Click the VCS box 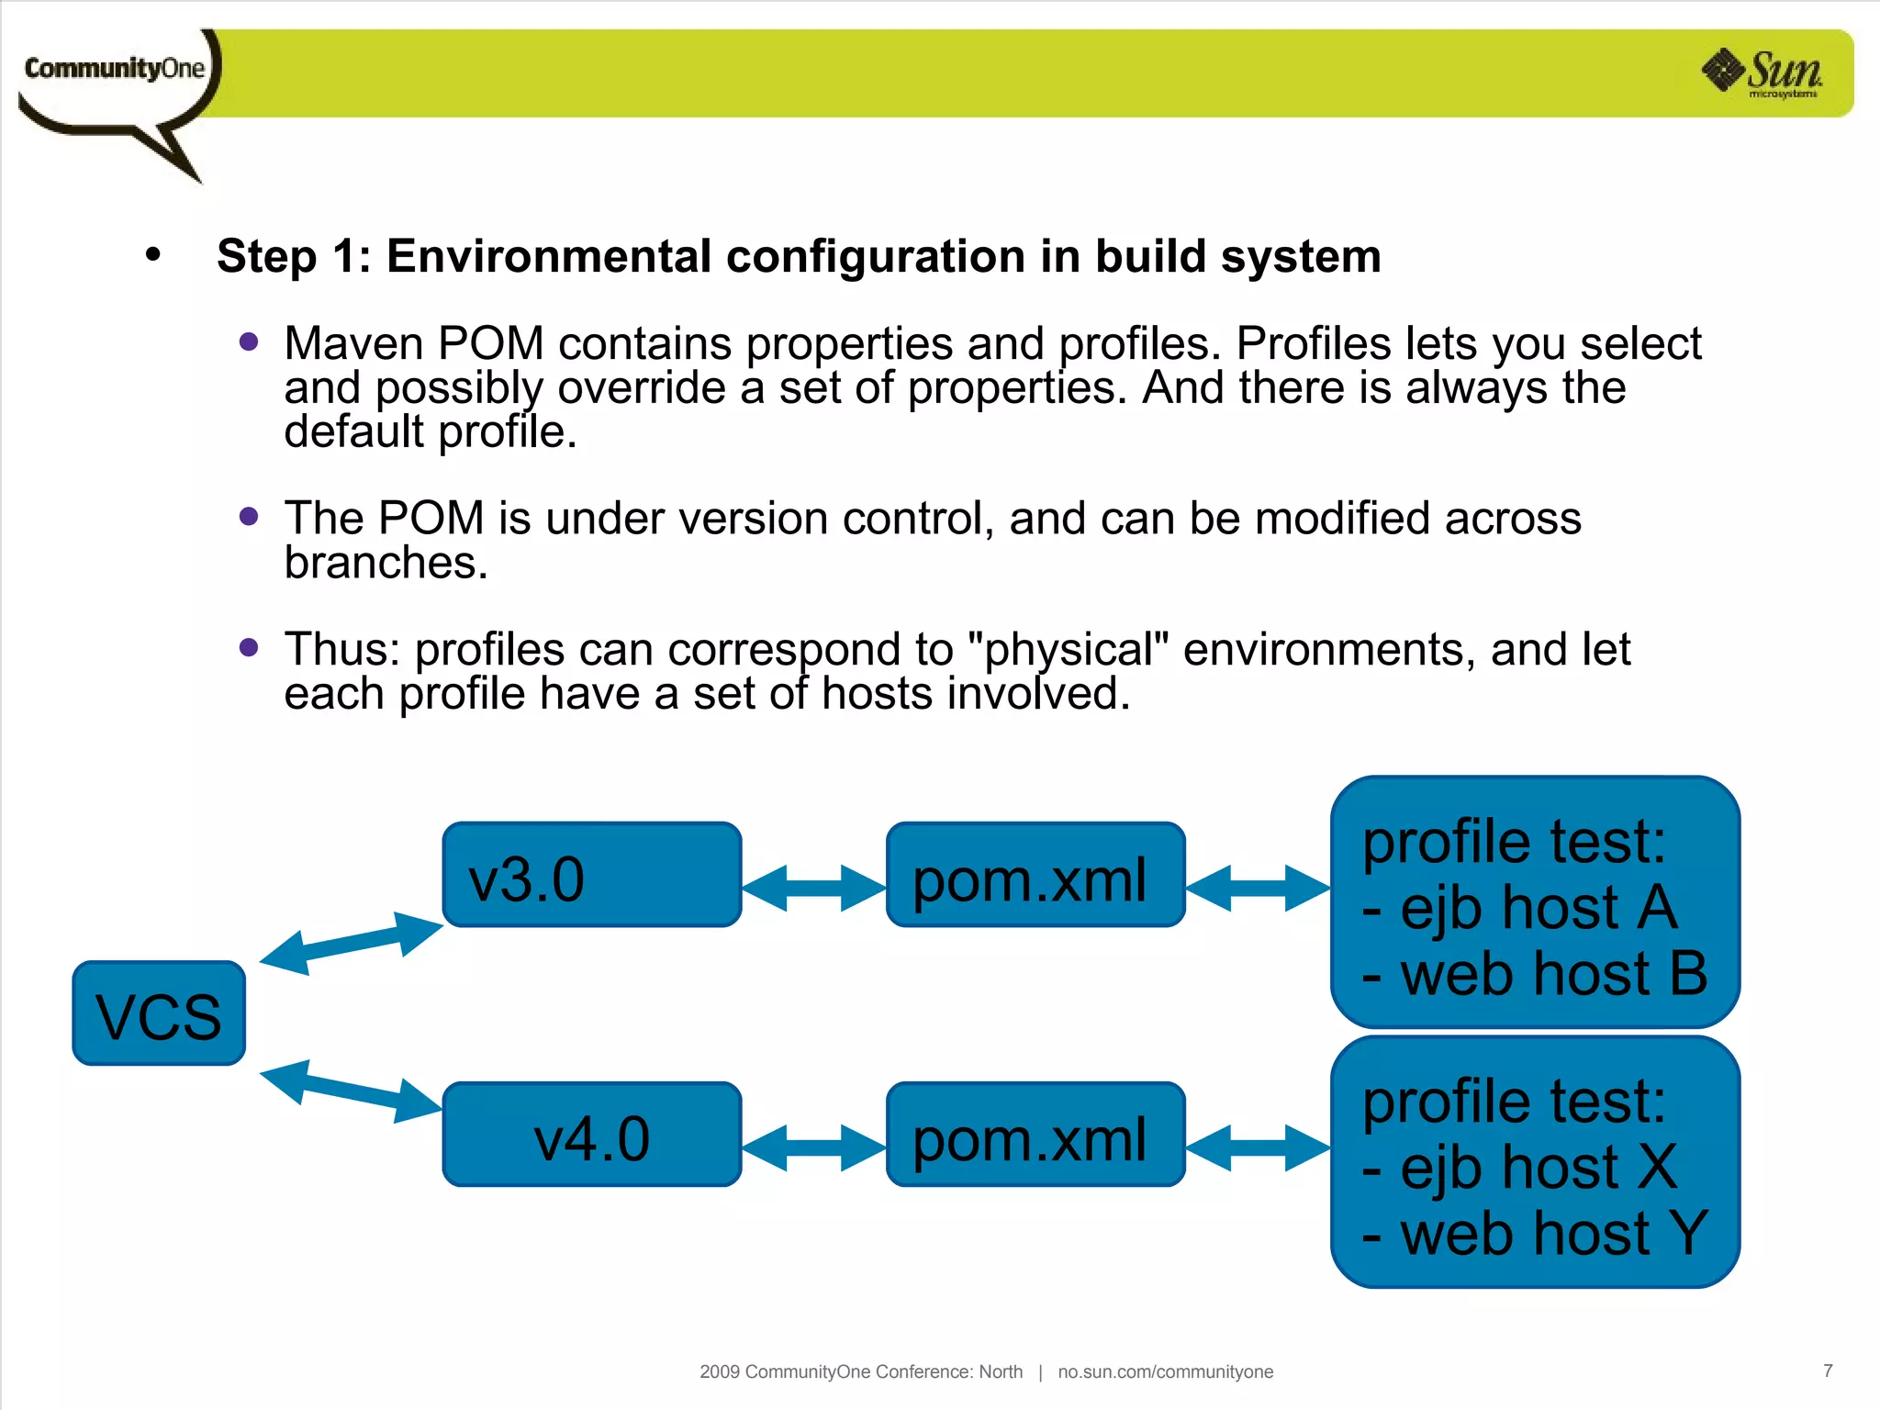[x=159, y=1013]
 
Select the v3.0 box [x=591, y=875]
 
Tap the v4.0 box [x=591, y=1135]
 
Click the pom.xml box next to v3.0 [x=1035, y=875]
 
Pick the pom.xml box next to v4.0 [x=1035, y=1135]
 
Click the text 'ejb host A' [x=1539, y=908]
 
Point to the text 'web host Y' [x=1553, y=1234]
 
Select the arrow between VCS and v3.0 [x=352, y=943]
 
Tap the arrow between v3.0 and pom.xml [x=813, y=888]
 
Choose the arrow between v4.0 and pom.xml [x=813, y=1147]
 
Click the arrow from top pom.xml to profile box [x=1258, y=888]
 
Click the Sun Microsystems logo [x=1763, y=73]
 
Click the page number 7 [x=1827, y=1371]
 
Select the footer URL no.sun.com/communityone [x=1165, y=1371]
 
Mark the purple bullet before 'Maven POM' [x=248, y=342]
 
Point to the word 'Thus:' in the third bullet [x=341, y=650]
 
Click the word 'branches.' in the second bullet [x=386, y=563]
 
